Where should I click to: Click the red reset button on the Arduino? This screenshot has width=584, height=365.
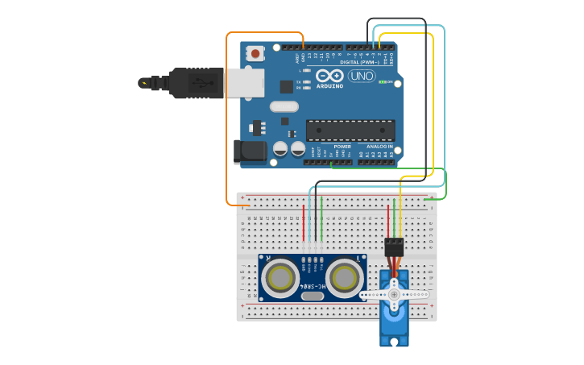255,54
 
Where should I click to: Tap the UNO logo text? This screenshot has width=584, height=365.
362,76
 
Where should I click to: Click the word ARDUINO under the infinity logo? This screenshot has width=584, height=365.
329,85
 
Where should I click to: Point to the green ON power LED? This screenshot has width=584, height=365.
382,81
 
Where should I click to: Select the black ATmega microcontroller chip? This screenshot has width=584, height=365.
350,130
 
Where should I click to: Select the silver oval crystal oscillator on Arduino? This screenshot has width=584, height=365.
284,106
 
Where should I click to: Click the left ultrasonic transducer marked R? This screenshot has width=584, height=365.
281,279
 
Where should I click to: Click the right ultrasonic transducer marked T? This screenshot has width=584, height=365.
344,279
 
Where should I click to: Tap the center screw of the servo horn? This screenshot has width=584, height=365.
394,295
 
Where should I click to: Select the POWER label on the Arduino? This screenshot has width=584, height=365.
342,147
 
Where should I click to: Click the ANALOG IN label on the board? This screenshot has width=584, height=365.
380,147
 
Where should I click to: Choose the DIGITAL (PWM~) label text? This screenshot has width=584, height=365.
361,62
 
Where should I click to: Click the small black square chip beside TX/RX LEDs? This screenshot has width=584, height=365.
286,86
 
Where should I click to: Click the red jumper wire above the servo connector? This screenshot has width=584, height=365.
388,222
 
